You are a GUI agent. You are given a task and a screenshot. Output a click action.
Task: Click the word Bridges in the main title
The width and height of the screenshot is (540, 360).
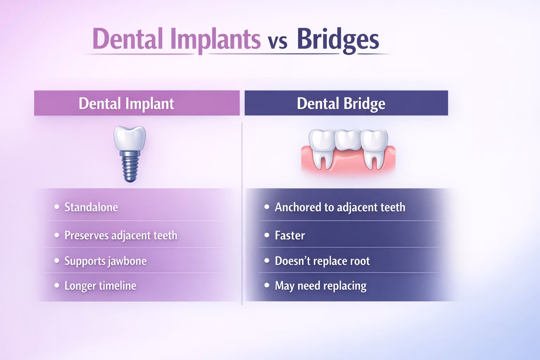coord(338,39)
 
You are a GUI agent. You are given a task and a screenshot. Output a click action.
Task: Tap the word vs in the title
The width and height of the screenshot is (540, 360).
coord(277,41)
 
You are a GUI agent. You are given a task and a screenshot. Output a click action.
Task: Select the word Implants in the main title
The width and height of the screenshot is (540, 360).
coord(215,39)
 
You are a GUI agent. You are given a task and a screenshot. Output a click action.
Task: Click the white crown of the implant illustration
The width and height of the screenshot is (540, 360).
coord(129,139)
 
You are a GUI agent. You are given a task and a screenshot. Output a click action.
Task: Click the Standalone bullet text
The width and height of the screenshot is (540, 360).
coord(91,207)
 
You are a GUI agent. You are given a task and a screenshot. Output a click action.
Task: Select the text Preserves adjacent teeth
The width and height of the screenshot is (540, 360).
coord(121,236)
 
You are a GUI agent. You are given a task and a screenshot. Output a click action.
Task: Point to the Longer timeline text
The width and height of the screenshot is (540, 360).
coord(100,286)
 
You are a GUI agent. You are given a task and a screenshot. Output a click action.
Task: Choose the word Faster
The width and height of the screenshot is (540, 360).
coord(290,236)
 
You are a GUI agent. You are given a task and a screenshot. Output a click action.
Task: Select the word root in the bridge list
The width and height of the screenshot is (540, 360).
coord(360,261)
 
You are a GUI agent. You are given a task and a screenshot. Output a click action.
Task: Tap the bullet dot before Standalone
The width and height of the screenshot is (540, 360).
coord(57,207)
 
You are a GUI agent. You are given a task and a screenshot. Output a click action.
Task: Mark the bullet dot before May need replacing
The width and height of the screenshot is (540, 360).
coord(267,285)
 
